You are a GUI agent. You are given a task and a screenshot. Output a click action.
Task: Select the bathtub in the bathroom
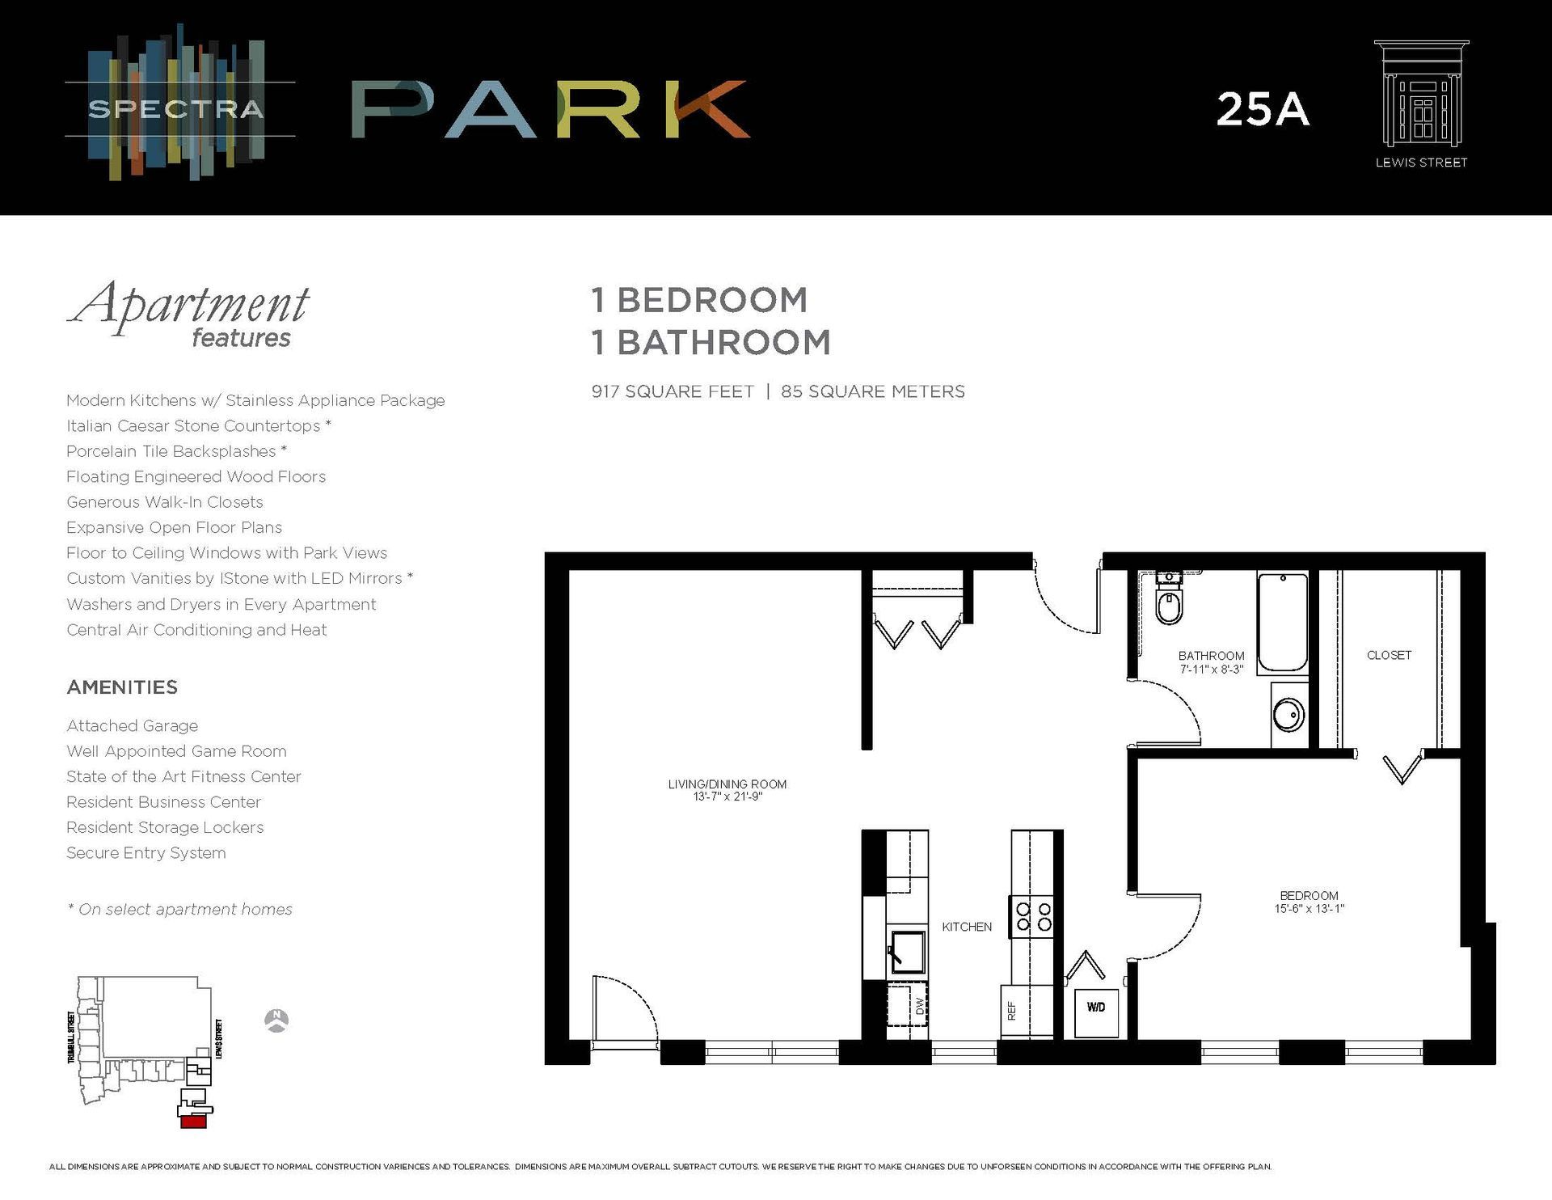point(1282,623)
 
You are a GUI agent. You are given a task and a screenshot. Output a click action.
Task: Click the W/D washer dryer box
point(1096,1008)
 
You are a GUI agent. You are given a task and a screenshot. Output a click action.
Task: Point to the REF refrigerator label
point(1011,1011)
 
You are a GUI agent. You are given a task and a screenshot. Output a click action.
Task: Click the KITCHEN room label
point(966,927)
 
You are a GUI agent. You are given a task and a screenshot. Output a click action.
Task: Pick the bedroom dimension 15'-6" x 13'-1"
point(1309,909)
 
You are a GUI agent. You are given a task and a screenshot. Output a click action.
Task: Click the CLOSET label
point(1389,655)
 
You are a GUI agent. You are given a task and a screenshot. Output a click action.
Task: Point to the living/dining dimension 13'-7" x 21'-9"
point(727,797)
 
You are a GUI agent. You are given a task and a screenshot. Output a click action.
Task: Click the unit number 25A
point(1262,110)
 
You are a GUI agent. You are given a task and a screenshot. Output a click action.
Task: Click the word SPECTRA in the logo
point(175,109)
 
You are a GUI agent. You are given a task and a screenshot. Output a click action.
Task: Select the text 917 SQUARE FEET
point(673,391)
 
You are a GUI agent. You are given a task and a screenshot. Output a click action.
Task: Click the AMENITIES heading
point(122,687)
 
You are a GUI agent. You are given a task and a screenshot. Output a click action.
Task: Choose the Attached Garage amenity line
point(132,726)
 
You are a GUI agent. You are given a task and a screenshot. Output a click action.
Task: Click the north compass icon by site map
point(276,1020)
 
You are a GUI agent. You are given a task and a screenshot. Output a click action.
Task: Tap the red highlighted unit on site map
point(193,1122)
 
